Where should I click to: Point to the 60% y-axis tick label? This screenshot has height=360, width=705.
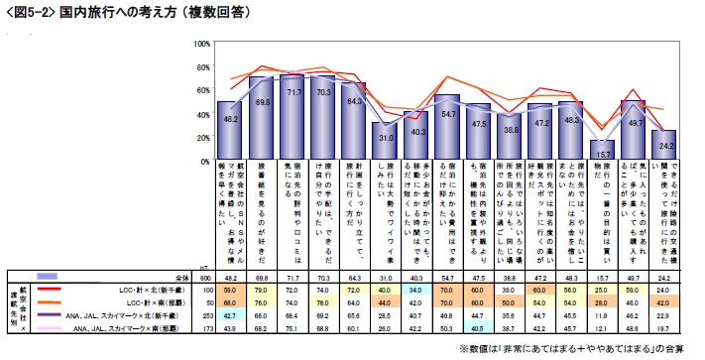[x=200, y=89]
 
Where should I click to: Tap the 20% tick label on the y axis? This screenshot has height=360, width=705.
[x=200, y=135]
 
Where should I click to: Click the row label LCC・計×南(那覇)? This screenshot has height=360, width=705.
[x=159, y=301]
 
